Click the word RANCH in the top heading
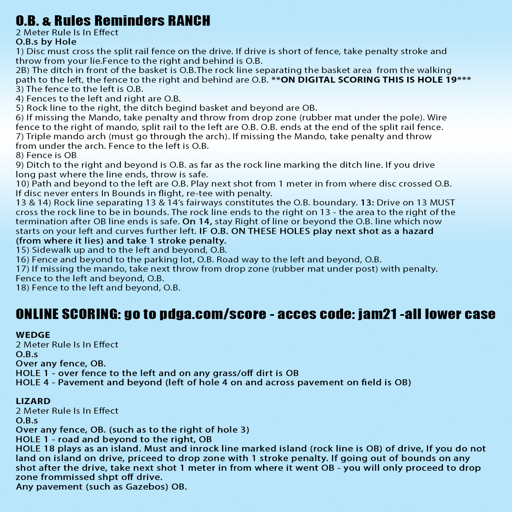click(x=189, y=20)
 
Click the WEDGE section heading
click(x=33, y=335)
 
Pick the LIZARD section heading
click(x=33, y=401)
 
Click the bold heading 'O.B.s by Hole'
click(x=46, y=42)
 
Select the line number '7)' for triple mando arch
click(x=20, y=136)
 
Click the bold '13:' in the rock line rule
click(x=367, y=203)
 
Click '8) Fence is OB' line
click(x=46, y=155)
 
